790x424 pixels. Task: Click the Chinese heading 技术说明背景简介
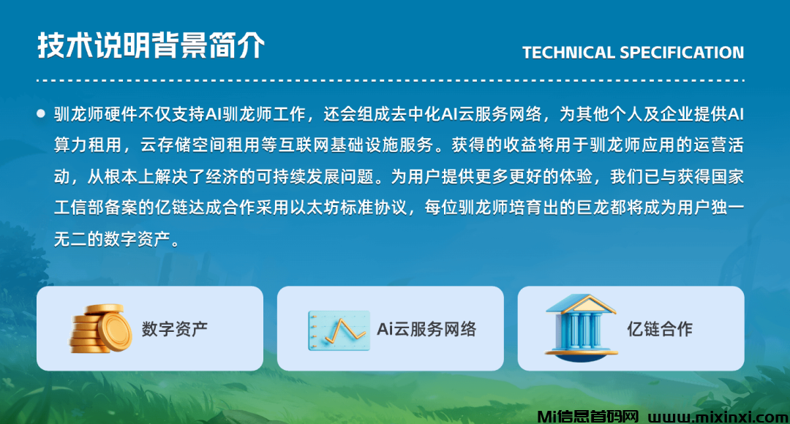(151, 45)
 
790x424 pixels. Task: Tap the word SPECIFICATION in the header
(682, 53)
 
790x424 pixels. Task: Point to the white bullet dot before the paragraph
(41, 114)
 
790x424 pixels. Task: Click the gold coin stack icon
(100, 328)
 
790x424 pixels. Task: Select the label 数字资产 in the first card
(174, 329)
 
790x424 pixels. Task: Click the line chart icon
(339, 330)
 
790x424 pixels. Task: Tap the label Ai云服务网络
(426, 329)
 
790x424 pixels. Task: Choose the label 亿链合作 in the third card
(660, 329)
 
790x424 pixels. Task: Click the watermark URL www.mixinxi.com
(718, 417)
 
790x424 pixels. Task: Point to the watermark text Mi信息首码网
(588, 417)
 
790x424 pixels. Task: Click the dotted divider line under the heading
(391, 80)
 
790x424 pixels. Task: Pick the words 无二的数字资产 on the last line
(112, 239)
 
